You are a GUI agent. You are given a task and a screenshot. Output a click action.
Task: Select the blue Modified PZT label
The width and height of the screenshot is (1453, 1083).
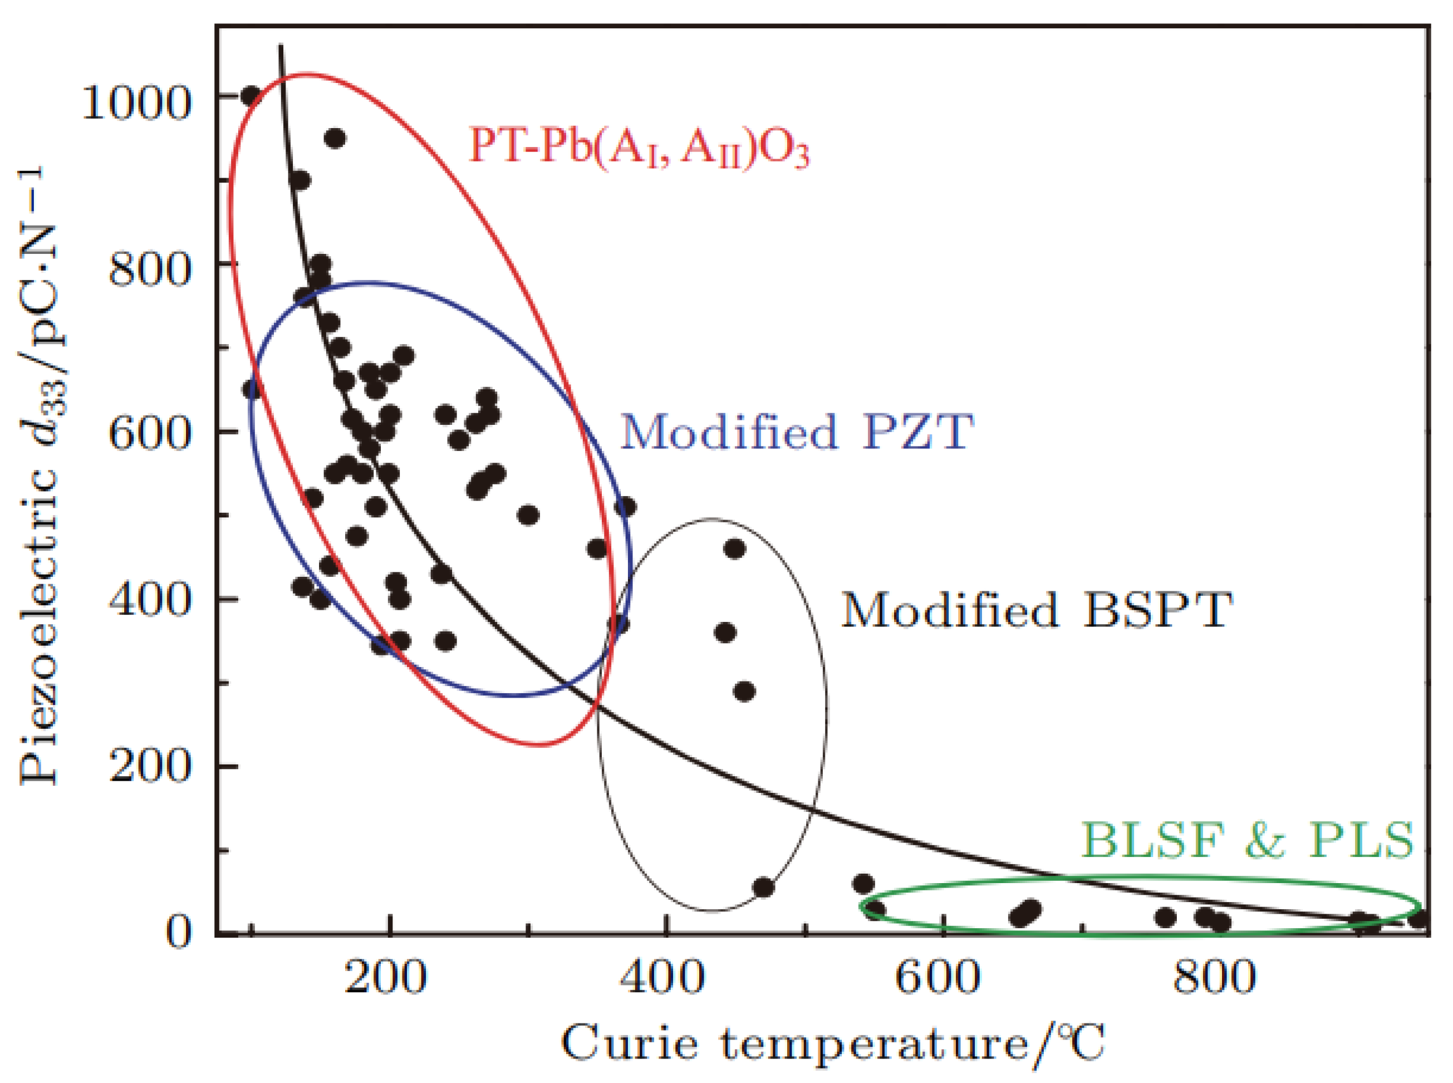[796, 432]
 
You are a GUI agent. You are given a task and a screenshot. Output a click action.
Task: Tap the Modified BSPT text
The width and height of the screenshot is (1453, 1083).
[1037, 610]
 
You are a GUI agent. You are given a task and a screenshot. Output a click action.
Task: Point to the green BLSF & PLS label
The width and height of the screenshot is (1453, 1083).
[1247, 840]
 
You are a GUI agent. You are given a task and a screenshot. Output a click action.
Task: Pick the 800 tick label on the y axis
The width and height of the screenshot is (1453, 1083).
[149, 269]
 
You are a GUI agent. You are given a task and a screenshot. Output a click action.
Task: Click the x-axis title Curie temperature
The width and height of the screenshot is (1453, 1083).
[832, 1043]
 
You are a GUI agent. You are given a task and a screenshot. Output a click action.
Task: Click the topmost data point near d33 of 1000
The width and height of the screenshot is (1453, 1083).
[251, 96]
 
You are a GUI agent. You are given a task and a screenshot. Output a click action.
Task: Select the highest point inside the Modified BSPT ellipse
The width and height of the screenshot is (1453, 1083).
[735, 548]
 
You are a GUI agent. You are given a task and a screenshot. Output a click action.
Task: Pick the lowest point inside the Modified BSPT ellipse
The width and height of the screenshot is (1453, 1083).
[763, 888]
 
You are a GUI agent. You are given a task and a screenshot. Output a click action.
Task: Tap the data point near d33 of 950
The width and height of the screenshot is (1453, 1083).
[335, 138]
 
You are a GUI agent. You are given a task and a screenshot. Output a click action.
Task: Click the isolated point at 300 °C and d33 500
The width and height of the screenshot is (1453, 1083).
[528, 515]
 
